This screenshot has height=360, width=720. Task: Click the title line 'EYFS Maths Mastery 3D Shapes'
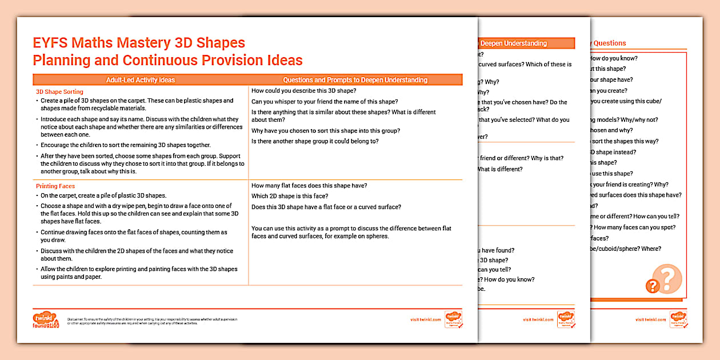click(x=139, y=43)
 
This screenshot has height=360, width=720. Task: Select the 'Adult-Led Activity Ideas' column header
click(x=141, y=80)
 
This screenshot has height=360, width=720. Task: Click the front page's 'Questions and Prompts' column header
click(x=355, y=80)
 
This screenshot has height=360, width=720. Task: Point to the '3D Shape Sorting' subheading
click(x=59, y=91)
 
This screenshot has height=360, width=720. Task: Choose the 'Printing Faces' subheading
click(x=55, y=186)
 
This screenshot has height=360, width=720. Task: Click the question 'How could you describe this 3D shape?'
click(x=303, y=91)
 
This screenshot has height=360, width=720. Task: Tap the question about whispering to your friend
click(x=324, y=102)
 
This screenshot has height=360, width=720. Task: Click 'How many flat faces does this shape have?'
click(x=309, y=185)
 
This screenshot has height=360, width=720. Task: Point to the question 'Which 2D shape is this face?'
click(x=290, y=196)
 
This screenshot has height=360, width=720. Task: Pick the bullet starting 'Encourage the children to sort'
click(x=126, y=145)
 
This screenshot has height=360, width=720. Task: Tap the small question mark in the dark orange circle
click(x=652, y=286)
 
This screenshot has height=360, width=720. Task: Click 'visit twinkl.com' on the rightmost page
click(x=650, y=320)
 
